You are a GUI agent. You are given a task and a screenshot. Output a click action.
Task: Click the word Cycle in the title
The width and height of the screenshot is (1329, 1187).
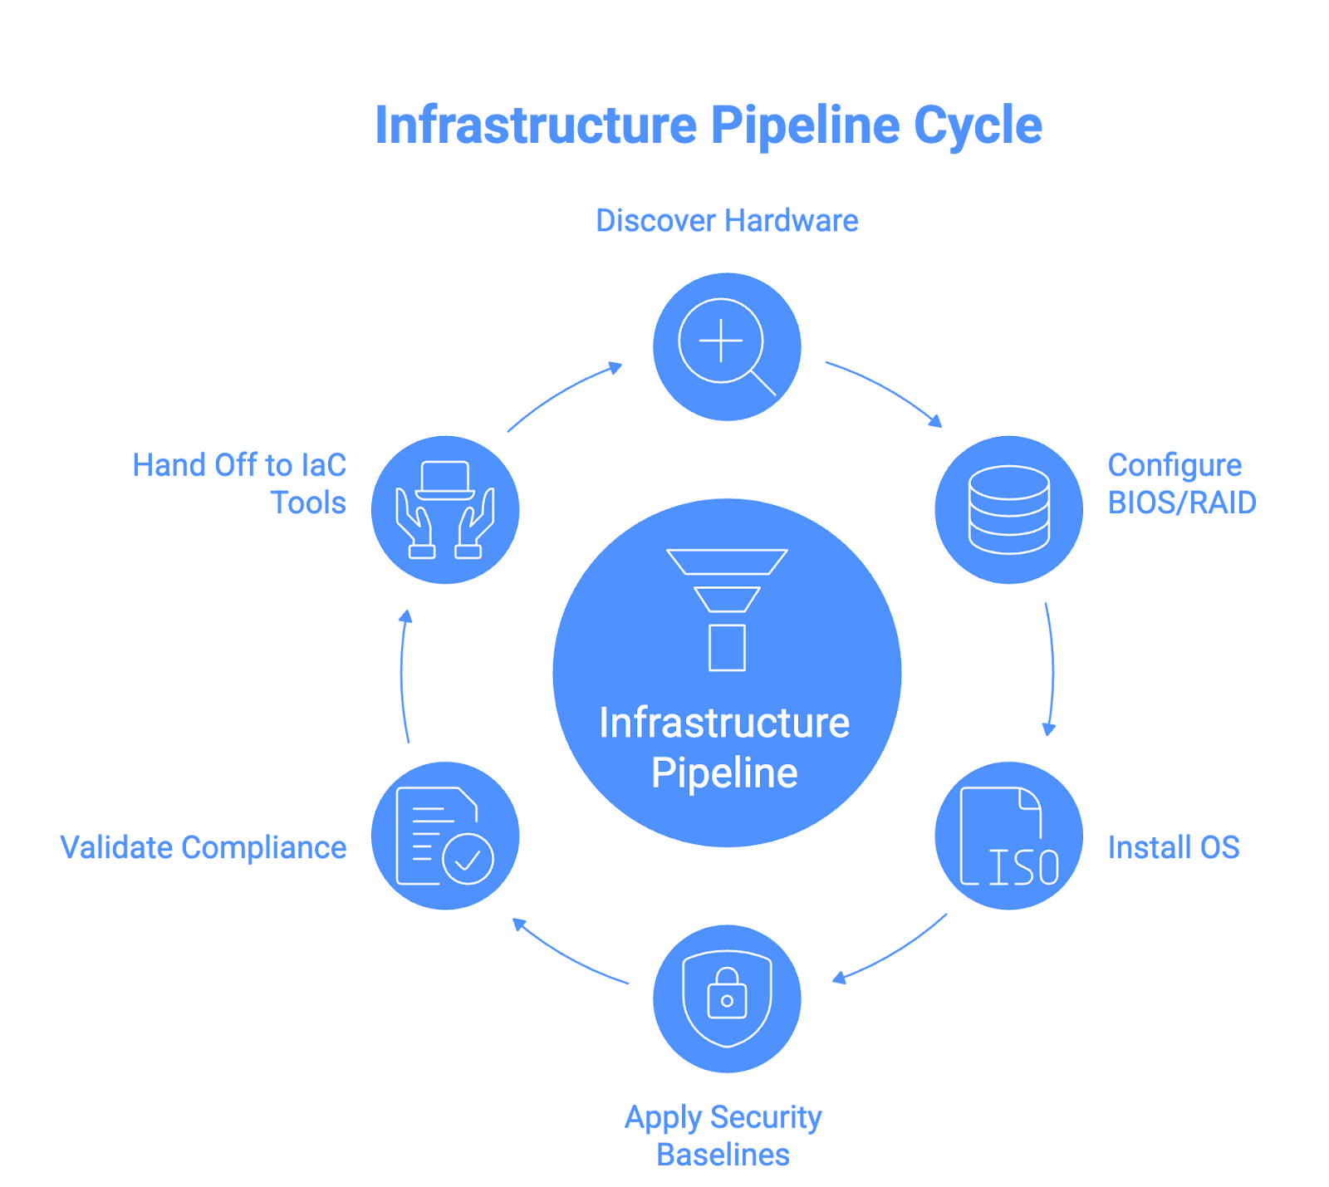978,126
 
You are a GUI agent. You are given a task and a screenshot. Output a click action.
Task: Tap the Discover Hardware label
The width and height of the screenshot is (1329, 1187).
727,221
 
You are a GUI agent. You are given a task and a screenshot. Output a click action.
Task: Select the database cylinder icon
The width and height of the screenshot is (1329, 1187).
1008,509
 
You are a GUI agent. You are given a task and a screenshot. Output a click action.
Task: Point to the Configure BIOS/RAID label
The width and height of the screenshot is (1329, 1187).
1180,483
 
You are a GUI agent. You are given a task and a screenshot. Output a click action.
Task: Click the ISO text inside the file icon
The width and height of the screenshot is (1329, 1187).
1023,867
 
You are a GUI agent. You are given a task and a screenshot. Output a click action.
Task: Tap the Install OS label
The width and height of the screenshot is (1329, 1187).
1173,847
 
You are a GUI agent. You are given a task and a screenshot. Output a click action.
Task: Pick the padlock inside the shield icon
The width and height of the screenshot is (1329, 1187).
727,994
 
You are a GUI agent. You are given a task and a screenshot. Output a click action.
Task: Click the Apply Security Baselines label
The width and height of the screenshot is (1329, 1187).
723,1135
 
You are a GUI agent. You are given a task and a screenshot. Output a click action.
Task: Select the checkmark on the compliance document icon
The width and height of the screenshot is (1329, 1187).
468,860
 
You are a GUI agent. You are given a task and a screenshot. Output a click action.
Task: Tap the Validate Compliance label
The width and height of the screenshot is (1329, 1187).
204,847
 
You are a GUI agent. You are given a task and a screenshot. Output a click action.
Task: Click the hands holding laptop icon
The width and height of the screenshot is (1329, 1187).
445,509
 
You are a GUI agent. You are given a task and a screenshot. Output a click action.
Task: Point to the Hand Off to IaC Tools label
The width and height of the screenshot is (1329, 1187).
239,483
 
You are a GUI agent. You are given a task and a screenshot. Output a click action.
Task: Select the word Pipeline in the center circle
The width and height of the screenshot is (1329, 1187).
724,773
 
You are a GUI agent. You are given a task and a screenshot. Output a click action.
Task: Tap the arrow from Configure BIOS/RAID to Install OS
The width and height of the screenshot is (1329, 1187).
1052,669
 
